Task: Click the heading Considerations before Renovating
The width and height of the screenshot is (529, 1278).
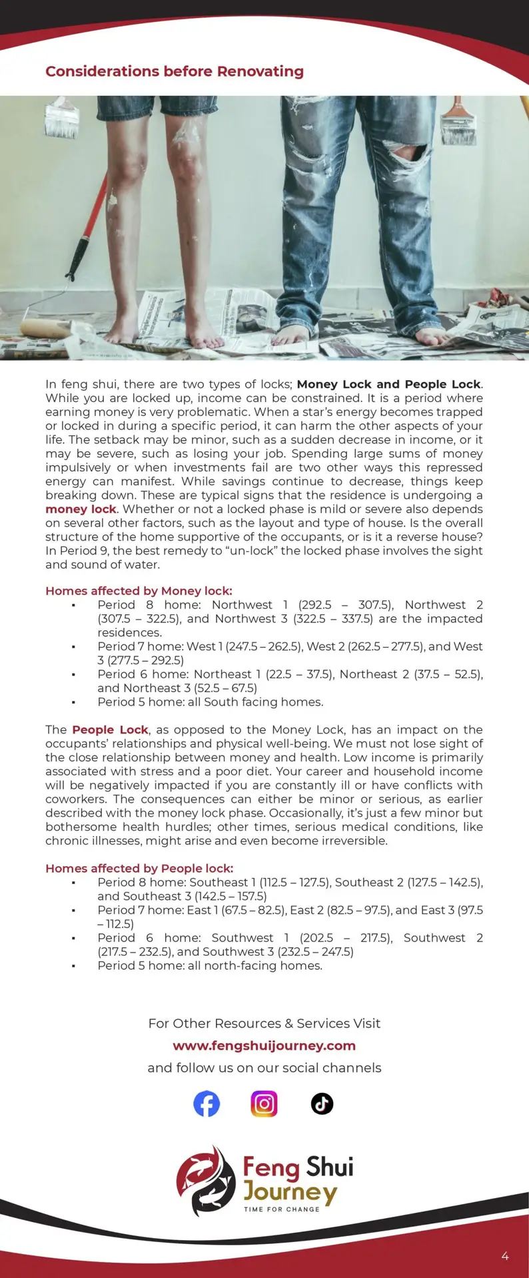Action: (x=175, y=71)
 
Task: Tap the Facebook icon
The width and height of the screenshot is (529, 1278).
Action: (x=207, y=1104)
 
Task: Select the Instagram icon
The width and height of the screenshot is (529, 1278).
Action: (x=264, y=1104)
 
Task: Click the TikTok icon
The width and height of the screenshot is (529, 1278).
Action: (x=322, y=1104)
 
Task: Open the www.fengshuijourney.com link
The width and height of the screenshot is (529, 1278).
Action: (x=264, y=1046)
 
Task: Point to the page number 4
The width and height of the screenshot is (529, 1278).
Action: (x=505, y=1256)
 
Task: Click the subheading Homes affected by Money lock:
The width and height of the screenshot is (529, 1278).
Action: (x=139, y=591)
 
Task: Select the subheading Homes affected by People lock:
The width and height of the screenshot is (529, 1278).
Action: (x=139, y=869)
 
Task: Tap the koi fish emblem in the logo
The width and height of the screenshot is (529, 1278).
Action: (x=206, y=1180)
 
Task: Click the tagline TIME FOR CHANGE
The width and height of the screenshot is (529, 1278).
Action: (x=282, y=1209)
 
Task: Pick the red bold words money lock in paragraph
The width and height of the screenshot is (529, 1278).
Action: (x=81, y=509)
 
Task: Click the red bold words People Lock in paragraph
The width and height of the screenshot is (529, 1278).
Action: (x=110, y=730)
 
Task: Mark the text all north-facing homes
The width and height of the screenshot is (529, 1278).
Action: (x=255, y=966)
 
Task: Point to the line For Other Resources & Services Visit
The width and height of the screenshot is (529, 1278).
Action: (x=264, y=1024)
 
